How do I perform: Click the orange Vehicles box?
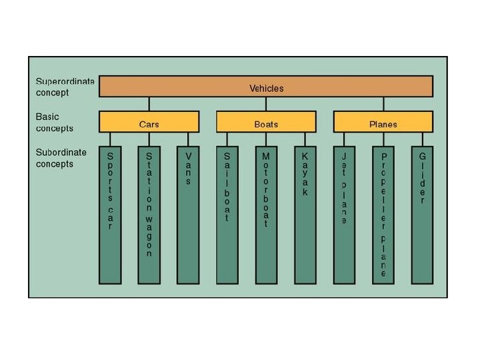click(266, 87)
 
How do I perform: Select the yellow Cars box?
click(149, 123)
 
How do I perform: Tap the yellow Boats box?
click(266, 123)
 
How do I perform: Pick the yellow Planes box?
click(383, 123)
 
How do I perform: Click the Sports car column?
click(110, 213)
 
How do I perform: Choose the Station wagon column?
click(149, 213)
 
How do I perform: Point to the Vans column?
click(188, 213)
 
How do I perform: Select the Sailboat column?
click(227, 213)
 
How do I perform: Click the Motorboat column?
click(266, 213)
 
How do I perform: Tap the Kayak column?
click(305, 213)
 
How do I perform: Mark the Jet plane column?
click(344, 213)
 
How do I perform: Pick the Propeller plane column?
click(383, 213)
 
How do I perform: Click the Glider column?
click(422, 213)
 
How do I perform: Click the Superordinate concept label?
click(65, 87)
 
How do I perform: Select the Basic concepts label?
click(55, 122)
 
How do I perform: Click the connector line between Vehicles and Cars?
click(149, 105)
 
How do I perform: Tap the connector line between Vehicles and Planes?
click(383, 105)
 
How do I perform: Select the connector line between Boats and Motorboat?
click(266, 139)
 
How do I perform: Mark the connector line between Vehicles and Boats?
click(266, 105)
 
